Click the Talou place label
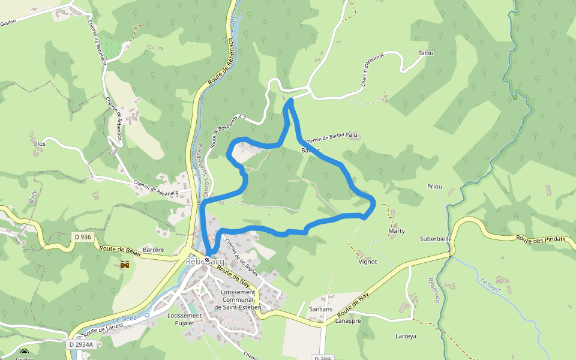point(425,53)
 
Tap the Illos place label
point(40,144)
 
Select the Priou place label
point(434,187)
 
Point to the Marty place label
point(397,231)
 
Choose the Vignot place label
point(367,262)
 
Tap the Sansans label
point(320,310)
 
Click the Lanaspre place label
point(348,321)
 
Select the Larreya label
point(406,336)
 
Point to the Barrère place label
point(154,250)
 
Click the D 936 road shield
point(83,237)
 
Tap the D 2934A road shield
point(80,345)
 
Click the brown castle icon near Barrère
point(125,264)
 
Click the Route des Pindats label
point(541,239)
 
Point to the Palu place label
point(352,135)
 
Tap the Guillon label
point(8,22)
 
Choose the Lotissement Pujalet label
point(184,319)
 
